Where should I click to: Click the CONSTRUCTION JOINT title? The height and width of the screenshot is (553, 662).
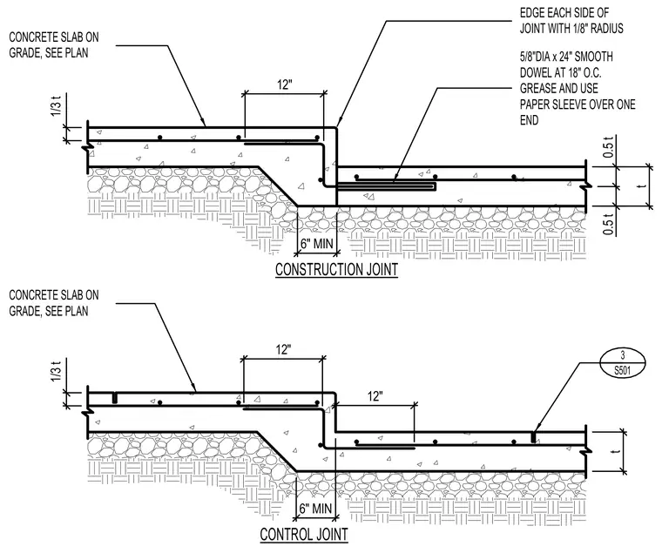(336, 269)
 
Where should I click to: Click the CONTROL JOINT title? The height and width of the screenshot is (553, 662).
(304, 534)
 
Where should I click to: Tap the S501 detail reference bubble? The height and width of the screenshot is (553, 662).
(622, 363)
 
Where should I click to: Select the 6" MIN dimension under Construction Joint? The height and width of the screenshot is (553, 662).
(317, 244)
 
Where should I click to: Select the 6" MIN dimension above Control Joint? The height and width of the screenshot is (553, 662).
(316, 509)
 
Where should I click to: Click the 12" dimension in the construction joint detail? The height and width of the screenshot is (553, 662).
(285, 84)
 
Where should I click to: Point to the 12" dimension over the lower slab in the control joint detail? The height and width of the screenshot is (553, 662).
(375, 396)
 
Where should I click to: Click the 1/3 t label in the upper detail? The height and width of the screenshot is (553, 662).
(56, 106)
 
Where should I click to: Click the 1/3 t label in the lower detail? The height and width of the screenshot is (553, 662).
(56, 371)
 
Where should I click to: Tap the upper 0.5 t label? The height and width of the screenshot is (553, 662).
(608, 148)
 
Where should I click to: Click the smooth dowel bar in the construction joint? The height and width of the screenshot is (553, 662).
(387, 185)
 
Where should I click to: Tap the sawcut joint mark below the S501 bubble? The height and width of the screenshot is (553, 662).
(534, 437)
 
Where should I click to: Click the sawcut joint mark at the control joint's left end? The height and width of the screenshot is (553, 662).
(114, 398)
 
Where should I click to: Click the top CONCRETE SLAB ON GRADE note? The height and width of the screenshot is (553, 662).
(54, 44)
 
